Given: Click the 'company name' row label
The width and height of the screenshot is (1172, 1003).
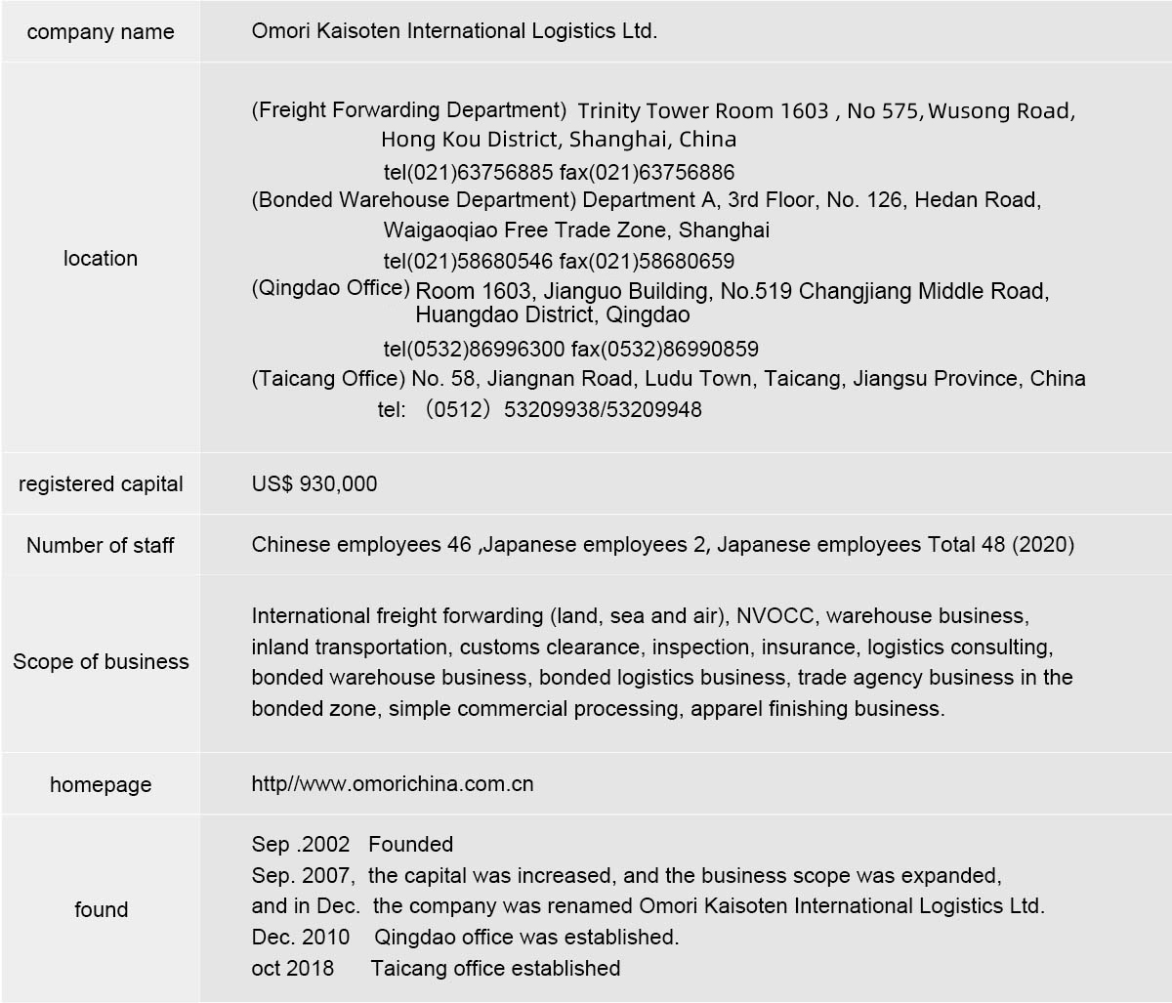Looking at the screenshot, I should [x=101, y=32].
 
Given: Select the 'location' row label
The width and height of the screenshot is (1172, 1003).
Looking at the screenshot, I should [x=101, y=259].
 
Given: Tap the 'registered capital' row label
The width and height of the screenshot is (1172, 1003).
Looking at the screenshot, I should [x=101, y=484].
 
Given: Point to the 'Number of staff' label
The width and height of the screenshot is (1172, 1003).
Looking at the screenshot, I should [x=101, y=546].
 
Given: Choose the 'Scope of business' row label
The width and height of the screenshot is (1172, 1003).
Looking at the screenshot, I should [x=101, y=662].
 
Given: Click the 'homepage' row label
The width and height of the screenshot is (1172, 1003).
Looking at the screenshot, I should [x=101, y=785].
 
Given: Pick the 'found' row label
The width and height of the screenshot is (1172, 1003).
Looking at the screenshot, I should [x=101, y=910].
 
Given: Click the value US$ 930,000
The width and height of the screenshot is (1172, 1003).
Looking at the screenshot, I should [x=314, y=484].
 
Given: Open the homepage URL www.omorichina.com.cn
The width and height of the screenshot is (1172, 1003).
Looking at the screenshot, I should [x=393, y=784].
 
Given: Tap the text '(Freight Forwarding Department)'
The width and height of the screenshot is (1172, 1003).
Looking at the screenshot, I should [x=409, y=110].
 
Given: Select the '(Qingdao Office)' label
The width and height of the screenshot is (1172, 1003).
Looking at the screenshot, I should [x=330, y=287].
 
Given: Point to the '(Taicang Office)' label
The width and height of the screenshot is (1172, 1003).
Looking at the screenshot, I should [x=328, y=378].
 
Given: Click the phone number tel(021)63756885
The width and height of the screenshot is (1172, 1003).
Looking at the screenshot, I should [x=469, y=173].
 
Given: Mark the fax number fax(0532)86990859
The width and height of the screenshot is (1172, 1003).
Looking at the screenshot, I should [x=664, y=349].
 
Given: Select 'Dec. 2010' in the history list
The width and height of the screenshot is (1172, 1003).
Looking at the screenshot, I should [x=301, y=937].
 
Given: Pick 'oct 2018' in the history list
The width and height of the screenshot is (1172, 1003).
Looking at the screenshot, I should [x=293, y=968].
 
